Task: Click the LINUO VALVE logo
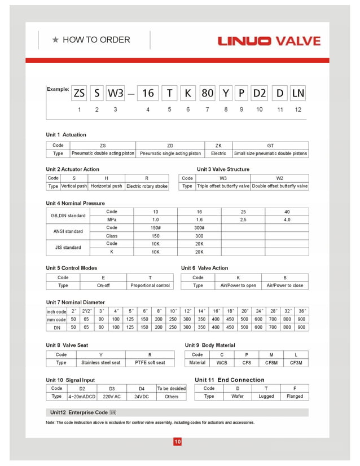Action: click(x=269, y=41)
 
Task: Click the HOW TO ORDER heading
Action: click(x=96, y=40)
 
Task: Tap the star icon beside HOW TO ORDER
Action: click(x=55, y=40)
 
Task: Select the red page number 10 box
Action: click(x=177, y=442)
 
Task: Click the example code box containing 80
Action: click(x=208, y=93)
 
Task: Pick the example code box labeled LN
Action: click(x=297, y=93)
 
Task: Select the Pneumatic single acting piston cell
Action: click(x=170, y=153)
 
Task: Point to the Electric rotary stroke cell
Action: click(x=147, y=186)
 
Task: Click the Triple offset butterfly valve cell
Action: click(x=223, y=186)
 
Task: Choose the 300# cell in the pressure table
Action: click(x=199, y=227)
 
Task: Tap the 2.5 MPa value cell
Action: click(x=243, y=219)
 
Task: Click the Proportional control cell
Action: click(x=150, y=285)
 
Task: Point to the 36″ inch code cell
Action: click(x=302, y=311)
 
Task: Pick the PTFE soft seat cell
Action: click(x=150, y=363)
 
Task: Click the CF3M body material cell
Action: click(x=296, y=363)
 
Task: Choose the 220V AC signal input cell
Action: click(x=112, y=397)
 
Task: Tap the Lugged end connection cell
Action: click(x=266, y=397)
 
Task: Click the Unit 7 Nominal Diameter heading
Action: click(x=75, y=302)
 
